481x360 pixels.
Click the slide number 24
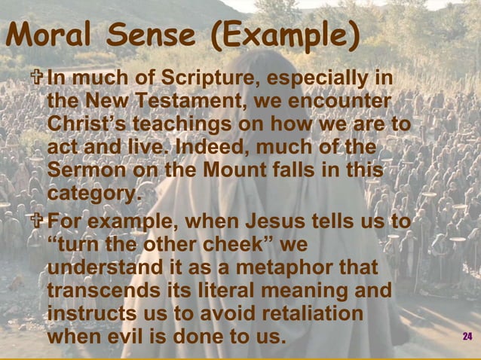467,336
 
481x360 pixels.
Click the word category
93,194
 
